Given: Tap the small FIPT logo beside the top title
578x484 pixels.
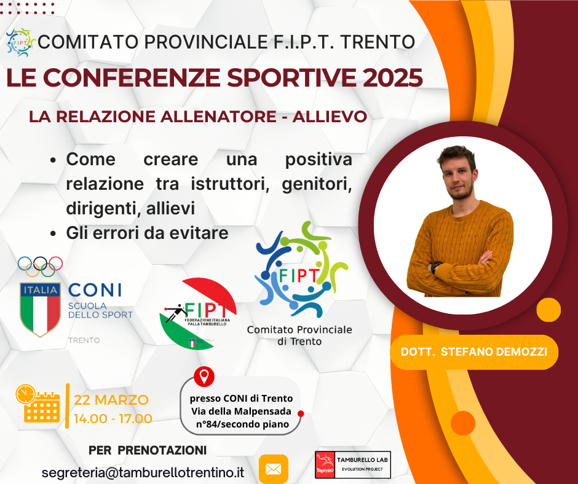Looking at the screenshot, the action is point(21,42).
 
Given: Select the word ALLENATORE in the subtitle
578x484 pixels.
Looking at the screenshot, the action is point(218,117).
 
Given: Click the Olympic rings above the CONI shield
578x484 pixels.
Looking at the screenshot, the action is point(40,267).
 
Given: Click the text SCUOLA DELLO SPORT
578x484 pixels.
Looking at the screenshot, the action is point(100,310).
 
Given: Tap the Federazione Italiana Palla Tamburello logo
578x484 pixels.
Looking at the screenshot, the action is point(198,313).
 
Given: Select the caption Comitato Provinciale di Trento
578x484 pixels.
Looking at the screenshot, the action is point(299,335).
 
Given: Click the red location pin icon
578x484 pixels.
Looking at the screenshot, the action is point(204,377).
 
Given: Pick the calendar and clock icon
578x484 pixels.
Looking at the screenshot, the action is point(38,404).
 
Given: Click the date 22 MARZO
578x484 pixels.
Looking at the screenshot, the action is point(111,400).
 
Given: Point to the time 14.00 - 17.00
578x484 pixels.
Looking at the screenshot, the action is point(113,419).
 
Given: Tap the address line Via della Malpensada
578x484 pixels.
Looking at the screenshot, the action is point(241,411).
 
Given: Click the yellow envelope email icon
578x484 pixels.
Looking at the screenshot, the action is point(274,469).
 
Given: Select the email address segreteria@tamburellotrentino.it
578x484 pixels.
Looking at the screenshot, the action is point(143,472).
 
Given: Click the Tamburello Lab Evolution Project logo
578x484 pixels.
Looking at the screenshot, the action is point(353,465).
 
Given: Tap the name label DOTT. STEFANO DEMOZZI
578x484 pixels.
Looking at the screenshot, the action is point(474,352).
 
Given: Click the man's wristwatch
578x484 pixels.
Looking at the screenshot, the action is point(436,267).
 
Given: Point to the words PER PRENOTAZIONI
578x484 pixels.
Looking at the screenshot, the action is point(148,450).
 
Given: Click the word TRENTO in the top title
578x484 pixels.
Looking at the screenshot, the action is point(378,42).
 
